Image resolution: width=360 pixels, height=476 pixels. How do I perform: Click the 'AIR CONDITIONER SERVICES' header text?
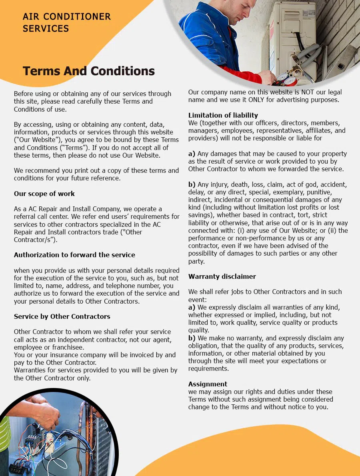tap(66, 22)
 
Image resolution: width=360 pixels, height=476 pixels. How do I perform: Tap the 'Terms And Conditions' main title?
tap(88, 71)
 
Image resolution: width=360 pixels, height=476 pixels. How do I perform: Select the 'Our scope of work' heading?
tap(44, 194)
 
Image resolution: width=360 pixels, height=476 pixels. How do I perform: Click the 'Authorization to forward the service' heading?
tap(74, 255)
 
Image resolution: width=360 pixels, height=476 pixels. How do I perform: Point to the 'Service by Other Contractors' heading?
tap(62, 316)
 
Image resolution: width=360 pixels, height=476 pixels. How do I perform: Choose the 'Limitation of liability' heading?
tap(223, 115)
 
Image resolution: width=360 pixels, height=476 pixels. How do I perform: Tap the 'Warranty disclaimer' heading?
tap(222, 276)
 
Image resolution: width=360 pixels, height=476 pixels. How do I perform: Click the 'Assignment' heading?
tap(208, 384)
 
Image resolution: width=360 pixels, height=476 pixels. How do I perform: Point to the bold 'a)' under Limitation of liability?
tap(192, 154)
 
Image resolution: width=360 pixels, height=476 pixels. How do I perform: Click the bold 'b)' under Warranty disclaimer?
tap(192, 338)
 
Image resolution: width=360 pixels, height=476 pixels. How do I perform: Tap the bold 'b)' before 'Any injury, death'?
tap(192, 184)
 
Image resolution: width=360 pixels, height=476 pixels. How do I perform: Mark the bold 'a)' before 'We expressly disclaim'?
tap(192, 307)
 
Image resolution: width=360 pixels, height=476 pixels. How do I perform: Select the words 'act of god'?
tap(302, 184)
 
